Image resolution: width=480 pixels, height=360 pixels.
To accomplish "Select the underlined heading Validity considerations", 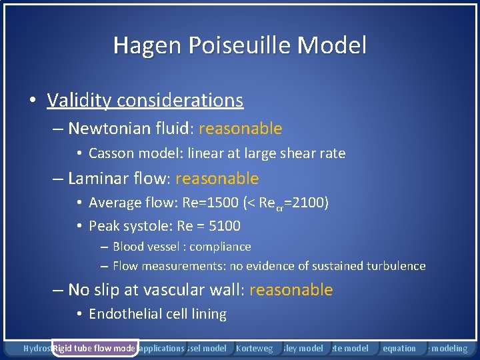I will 145,100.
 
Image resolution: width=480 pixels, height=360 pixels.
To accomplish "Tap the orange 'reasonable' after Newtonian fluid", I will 240,128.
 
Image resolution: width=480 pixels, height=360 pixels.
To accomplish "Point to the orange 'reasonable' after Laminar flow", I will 217,179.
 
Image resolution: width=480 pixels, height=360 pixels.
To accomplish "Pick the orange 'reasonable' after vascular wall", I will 291,289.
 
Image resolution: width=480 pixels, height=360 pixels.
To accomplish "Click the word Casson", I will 111,153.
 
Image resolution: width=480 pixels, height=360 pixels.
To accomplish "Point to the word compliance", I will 220,247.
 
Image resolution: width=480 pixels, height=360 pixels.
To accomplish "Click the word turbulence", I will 396,266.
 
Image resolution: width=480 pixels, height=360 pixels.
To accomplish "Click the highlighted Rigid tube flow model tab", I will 95,348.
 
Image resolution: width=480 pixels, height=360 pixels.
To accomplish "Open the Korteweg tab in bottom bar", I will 254,348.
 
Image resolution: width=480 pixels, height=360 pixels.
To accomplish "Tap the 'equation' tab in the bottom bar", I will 399,348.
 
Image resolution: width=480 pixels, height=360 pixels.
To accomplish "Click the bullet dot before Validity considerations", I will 32,101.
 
